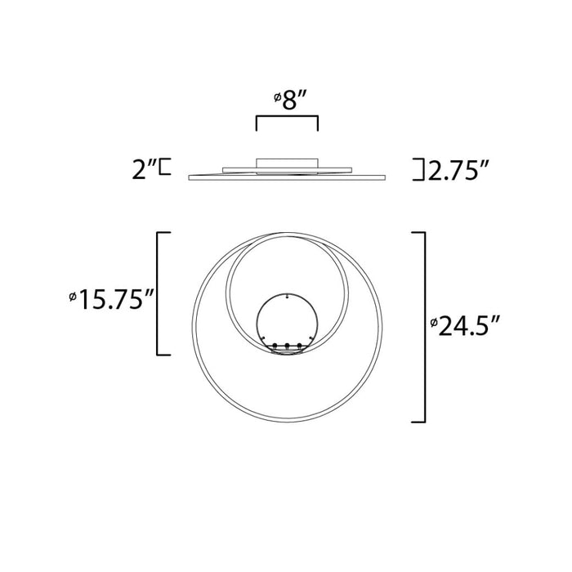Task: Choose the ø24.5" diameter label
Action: coord(465,327)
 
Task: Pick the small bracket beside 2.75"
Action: coord(419,169)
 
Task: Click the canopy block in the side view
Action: coord(286,163)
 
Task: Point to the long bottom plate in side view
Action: coord(287,177)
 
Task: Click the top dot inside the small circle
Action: coord(288,296)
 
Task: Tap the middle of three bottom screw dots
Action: coord(288,346)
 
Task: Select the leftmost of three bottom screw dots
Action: coord(275,346)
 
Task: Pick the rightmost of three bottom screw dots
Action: coord(300,346)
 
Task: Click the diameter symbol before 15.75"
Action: coord(74,296)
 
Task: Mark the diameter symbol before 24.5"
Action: coord(434,324)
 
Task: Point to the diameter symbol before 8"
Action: coord(276,99)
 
